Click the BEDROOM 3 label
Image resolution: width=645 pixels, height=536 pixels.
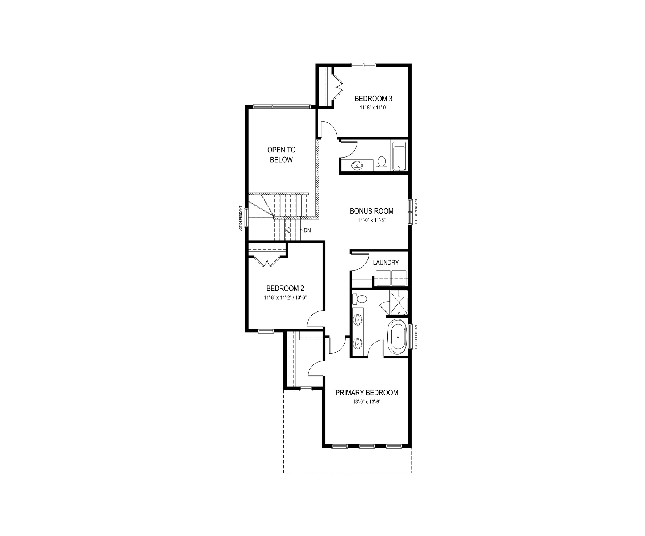pyautogui.click(x=373, y=99)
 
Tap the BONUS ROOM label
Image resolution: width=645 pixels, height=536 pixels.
pyautogui.click(x=371, y=211)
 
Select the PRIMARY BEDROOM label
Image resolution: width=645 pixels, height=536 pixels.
pyautogui.click(x=366, y=393)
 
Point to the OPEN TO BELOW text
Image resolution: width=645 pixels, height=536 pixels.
pyautogui.click(x=281, y=155)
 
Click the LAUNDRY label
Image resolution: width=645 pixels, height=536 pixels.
pyautogui.click(x=386, y=263)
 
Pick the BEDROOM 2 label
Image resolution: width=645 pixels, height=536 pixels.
pyautogui.click(x=285, y=289)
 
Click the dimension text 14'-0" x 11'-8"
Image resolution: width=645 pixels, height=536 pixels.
pyautogui.click(x=371, y=220)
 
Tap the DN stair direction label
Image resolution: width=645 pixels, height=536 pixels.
pyautogui.click(x=307, y=230)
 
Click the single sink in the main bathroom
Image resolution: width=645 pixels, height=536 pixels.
pyautogui.click(x=357, y=166)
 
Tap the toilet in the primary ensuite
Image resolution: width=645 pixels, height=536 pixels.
pyautogui.click(x=360, y=299)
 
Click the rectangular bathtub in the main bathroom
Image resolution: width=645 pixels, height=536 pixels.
pyautogui.click(x=399, y=156)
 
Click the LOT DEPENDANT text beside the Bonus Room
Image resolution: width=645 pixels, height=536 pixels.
pyautogui.click(x=416, y=211)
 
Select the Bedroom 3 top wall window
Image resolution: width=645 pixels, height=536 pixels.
pyautogui.click(x=364, y=65)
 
